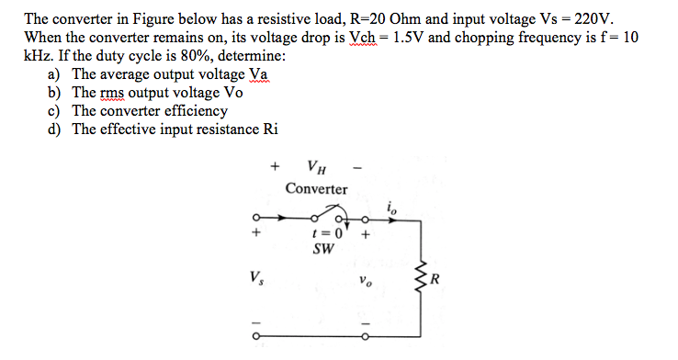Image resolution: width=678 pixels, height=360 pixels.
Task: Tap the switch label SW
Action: (x=322, y=248)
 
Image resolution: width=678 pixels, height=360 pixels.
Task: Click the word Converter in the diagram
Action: (x=316, y=189)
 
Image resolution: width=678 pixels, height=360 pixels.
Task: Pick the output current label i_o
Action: (x=393, y=209)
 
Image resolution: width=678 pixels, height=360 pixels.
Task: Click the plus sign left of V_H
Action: (x=274, y=168)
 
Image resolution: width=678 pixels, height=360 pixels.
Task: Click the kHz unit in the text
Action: (x=38, y=56)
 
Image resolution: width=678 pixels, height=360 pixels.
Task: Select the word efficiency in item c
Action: (x=194, y=110)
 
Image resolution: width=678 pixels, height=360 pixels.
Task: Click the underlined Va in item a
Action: (x=258, y=74)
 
